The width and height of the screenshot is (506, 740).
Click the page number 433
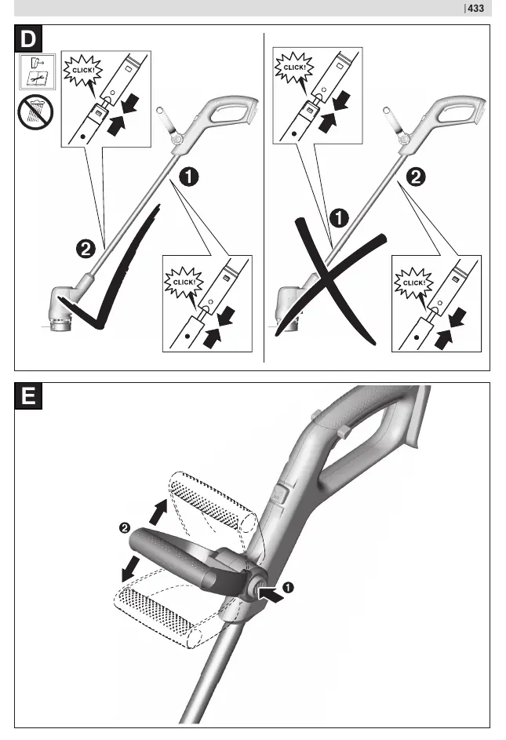tap(475, 8)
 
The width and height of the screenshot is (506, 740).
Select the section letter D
tap(28, 38)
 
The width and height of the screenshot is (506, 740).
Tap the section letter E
tap(28, 396)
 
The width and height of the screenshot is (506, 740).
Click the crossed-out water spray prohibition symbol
tap(35, 112)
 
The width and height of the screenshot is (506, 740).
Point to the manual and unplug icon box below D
tap(38, 71)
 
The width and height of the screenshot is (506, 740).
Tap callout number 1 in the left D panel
tap(189, 177)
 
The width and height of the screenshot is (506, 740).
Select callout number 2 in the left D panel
tap(86, 249)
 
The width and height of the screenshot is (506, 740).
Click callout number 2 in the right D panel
tap(416, 177)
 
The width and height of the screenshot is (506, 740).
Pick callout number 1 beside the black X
tap(339, 218)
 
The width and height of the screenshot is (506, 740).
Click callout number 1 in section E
tap(287, 588)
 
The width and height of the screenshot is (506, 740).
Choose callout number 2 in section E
tap(125, 527)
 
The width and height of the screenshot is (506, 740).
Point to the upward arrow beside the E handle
tap(158, 512)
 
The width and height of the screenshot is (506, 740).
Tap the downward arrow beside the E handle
tap(131, 569)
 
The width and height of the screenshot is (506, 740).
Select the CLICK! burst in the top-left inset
tap(83, 71)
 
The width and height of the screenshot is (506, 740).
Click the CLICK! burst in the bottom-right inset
tap(413, 283)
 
